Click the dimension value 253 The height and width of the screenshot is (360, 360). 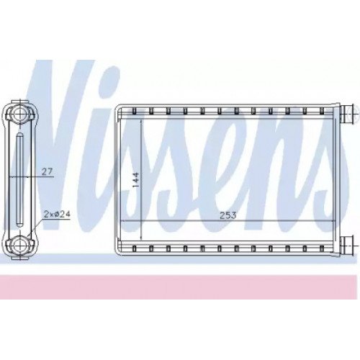click(228, 215)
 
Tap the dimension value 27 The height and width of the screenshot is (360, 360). click(47, 172)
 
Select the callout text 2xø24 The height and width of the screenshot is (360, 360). click(57, 214)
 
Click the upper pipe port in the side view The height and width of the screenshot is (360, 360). click(19, 113)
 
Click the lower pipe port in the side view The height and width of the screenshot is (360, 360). click(19, 245)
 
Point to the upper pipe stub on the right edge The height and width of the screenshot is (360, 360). click(347, 113)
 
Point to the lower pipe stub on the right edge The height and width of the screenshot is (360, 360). click(347, 244)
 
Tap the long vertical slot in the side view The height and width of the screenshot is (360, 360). click(19, 179)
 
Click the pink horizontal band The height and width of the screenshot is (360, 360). click(179, 287)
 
